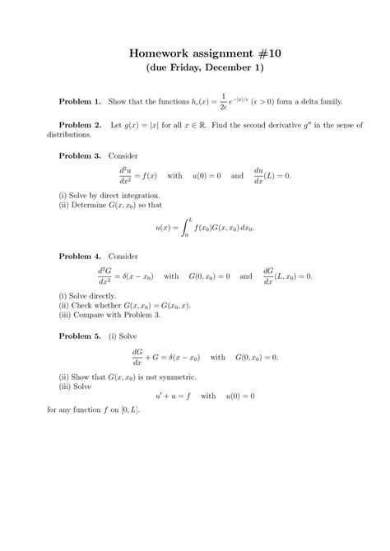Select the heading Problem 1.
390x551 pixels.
[80, 101]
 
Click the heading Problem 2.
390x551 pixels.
[80, 126]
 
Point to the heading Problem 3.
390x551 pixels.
[80, 155]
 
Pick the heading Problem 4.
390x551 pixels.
[80, 257]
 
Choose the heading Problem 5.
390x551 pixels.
[80, 336]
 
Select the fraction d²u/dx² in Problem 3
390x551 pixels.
[128, 176]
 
